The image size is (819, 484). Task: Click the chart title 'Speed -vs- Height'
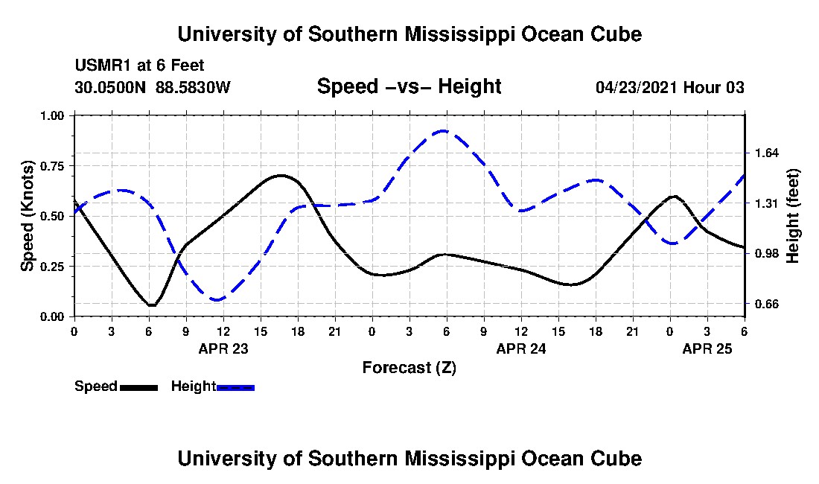click(x=409, y=87)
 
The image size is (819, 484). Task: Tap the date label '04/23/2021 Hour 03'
click(x=669, y=88)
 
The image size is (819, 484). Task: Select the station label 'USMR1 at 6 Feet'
click(x=139, y=66)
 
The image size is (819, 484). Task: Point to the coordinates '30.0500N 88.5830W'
click(x=153, y=88)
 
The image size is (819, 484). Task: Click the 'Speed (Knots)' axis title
click(x=28, y=216)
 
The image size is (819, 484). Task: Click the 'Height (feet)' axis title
click(x=792, y=216)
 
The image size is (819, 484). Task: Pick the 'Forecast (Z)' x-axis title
click(x=409, y=368)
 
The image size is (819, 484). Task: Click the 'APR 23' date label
click(x=223, y=348)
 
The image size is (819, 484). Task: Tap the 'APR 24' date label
click(x=521, y=348)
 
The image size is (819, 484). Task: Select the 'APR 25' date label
click(x=707, y=348)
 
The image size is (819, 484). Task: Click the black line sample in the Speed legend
click(x=138, y=387)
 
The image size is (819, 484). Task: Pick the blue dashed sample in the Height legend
click(x=235, y=387)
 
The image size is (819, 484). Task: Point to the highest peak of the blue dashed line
click(x=444, y=131)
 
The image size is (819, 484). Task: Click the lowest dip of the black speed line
click(x=151, y=305)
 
